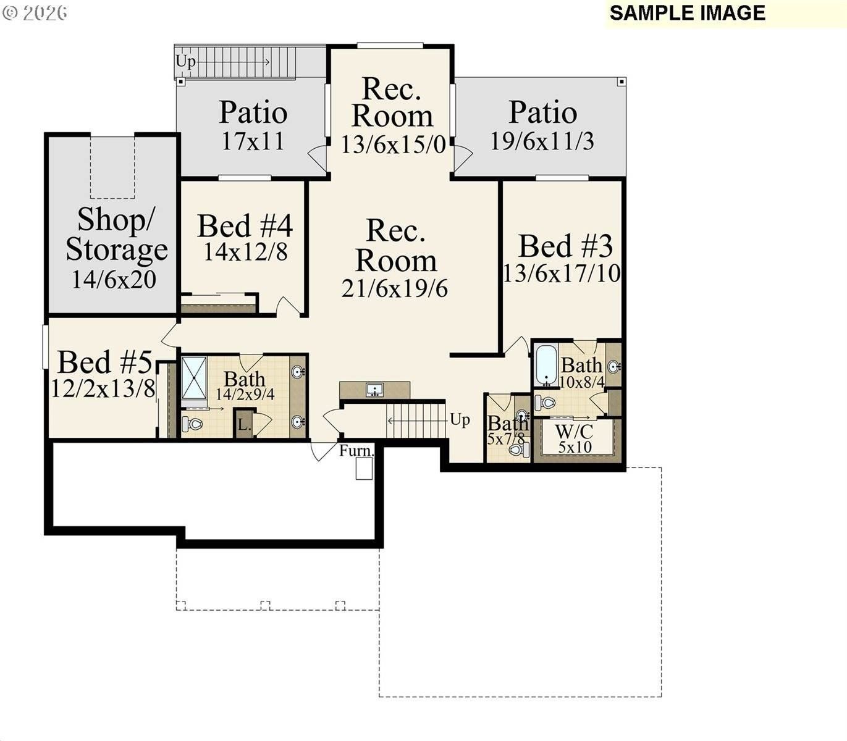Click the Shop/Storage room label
pos(116,235)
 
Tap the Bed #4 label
pos(245,226)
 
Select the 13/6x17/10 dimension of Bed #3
pos(562,273)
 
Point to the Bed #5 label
pos(104,362)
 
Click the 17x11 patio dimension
pos(253,141)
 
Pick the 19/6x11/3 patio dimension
pos(542,141)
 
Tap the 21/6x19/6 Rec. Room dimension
pos(395,288)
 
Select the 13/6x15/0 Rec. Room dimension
pos(394,145)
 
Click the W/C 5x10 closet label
pos(575,439)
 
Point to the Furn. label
pos(356,451)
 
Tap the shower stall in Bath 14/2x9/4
pos(195,379)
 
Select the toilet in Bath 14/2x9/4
pos(193,424)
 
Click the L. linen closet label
pos(244,425)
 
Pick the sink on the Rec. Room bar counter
pos(374,390)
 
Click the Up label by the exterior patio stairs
pos(185,61)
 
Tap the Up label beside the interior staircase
pos(460,420)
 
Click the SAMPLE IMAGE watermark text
pos(687,13)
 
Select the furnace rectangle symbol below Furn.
pos(364,469)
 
